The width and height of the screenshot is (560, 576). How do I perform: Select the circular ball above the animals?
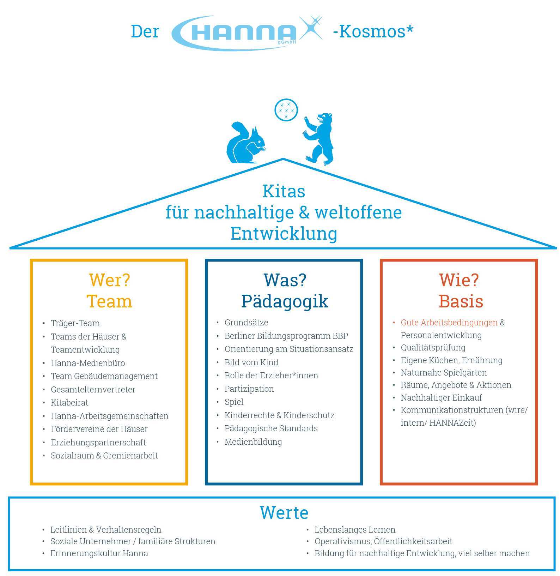[286, 110]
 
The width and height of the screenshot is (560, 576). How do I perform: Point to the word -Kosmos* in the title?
[373, 31]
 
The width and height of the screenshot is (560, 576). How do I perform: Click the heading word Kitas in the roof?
[284, 192]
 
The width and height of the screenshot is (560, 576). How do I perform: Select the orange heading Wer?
[109, 280]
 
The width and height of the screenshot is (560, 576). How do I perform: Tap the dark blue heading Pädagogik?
[285, 301]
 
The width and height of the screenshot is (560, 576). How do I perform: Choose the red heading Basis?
[461, 301]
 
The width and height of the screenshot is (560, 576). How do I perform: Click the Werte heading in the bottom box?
[284, 513]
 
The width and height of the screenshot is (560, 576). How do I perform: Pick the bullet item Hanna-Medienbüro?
[88, 363]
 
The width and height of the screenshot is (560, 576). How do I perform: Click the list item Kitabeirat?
[69, 403]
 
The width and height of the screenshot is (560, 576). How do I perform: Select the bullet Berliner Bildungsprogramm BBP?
[286, 336]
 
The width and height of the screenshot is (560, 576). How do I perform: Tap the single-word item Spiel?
[234, 402]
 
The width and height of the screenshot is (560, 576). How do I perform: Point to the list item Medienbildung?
[253, 442]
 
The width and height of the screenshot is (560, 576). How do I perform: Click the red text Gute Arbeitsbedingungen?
[449, 323]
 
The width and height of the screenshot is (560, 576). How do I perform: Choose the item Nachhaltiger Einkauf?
[441, 398]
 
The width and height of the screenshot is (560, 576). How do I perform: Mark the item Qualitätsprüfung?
[433, 348]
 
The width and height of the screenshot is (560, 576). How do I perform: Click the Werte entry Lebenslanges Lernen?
[355, 530]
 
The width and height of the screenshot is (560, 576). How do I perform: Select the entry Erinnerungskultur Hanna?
[99, 553]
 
